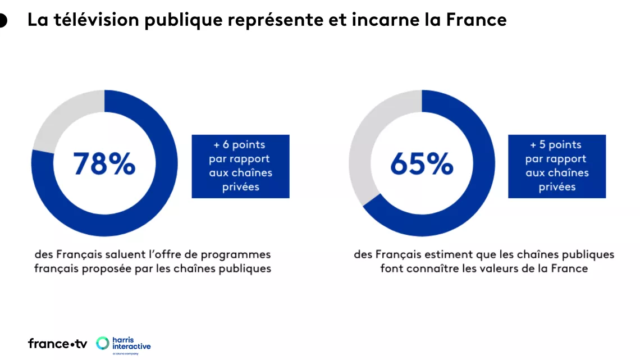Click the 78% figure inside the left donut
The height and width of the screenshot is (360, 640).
pyautogui.click(x=104, y=163)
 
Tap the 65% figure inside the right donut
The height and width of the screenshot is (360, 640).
pyautogui.click(x=422, y=163)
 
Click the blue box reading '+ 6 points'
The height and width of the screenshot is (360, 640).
pyautogui.click(x=240, y=166)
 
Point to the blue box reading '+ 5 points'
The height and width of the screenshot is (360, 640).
pyautogui.click(x=557, y=166)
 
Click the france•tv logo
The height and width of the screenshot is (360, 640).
pyautogui.click(x=57, y=343)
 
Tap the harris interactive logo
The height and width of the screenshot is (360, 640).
pyautogui.click(x=124, y=344)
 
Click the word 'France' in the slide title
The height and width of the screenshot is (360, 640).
pyautogui.click(x=477, y=20)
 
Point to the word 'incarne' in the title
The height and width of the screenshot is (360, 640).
pyautogui.click(x=382, y=20)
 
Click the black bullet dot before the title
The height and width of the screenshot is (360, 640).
pyautogui.click(x=2, y=21)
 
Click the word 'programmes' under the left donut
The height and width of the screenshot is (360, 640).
pyautogui.click(x=243, y=254)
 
